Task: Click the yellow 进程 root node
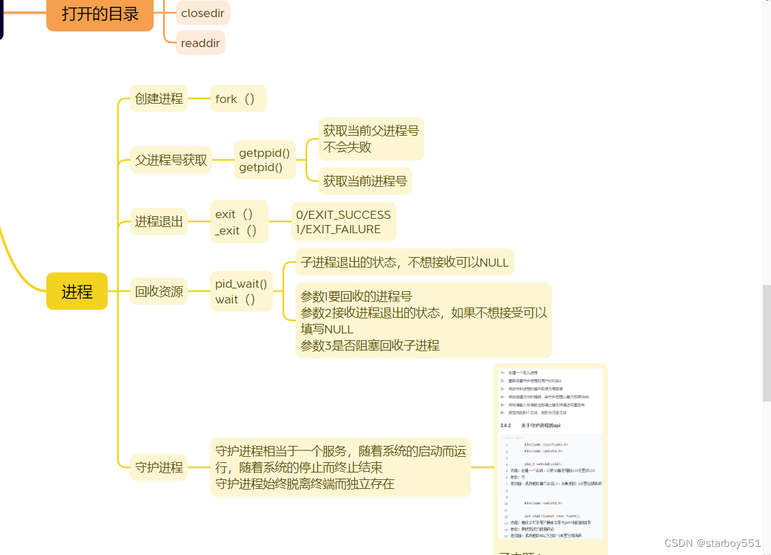(76, 291)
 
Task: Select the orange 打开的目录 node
(100, 14)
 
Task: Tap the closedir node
(203, 13)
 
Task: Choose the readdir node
(200, 42)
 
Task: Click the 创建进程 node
(159, 99)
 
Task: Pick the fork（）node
(235, 99)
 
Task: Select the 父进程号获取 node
(171, 160)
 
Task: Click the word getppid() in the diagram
(264, 153)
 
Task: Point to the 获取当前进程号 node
(365, 181)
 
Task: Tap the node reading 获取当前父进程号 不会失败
(370, 138)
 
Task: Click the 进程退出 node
(159, 222)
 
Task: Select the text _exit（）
(236, 230)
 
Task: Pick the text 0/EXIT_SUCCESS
(343, 214)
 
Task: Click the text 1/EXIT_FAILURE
(338, 229)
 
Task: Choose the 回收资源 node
(159, 291)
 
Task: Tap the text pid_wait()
(241, 284)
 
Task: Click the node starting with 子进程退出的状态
(405, 262)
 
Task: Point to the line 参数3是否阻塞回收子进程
(370, 345)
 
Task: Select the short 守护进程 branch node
(159, 468)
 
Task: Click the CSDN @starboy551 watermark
(712, 543)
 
